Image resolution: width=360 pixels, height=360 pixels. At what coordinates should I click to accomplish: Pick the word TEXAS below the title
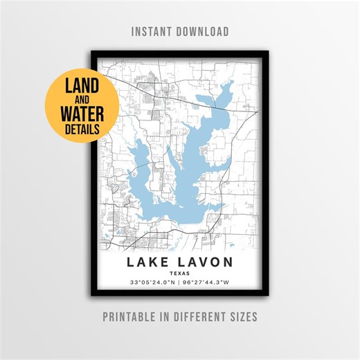179,273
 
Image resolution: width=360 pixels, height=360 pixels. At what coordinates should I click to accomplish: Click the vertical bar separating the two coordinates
180,282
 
